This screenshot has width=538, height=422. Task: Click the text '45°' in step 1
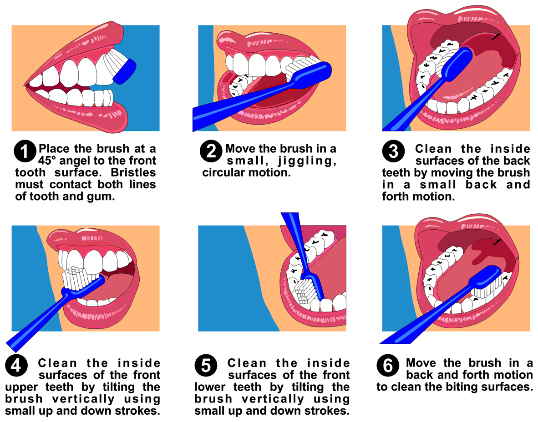pos(50,161)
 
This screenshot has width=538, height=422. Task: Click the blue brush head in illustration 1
pos(124,71)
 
